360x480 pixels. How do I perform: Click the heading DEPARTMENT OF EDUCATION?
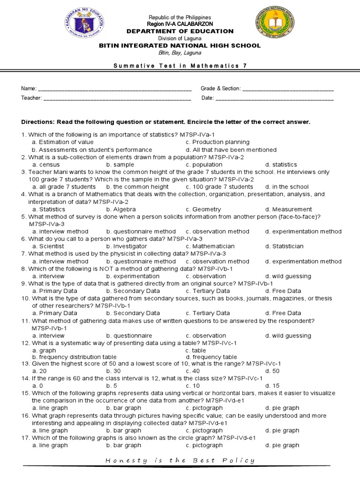[180, 31]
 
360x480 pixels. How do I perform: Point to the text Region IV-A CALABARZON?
[180, 24]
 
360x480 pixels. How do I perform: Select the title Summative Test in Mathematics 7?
[180, 66]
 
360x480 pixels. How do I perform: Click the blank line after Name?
[114, 89]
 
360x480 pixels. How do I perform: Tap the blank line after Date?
[274, 98]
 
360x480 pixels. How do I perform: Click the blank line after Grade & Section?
[288, 89]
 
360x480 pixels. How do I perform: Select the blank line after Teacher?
[117, 98]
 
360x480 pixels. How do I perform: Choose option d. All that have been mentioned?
[231, 150]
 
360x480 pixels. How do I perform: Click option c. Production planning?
[217, 142]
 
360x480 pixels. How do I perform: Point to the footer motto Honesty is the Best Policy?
[180, 460]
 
